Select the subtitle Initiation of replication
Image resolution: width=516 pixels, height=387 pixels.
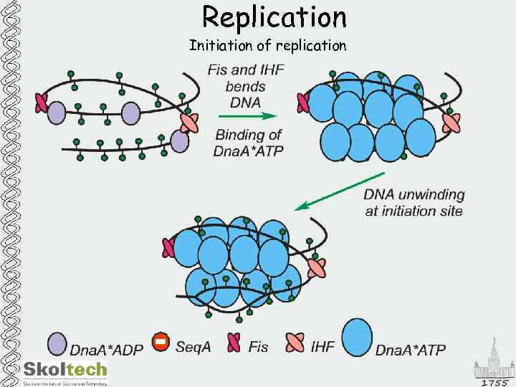(267, 46)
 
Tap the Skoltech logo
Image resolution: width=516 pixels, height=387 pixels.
(64, 370)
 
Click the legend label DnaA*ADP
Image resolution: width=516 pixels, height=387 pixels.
(106, 349)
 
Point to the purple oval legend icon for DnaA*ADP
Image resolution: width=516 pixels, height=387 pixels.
(57, 345)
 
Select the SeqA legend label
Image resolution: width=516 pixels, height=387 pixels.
(193, 347)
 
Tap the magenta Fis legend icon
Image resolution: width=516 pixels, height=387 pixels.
(234, 345)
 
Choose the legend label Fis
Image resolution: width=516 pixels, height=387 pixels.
(258, 347)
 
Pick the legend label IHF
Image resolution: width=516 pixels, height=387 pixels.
(323, 347)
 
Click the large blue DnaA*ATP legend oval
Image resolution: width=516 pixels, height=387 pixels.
(357, 338)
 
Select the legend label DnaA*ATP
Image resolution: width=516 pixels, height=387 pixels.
(411, 350)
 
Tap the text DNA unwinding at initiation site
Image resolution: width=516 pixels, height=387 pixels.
(414, 202)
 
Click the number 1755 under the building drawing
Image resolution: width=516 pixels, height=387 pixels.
(494, 381)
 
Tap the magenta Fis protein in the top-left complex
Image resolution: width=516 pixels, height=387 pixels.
(41, 102)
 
